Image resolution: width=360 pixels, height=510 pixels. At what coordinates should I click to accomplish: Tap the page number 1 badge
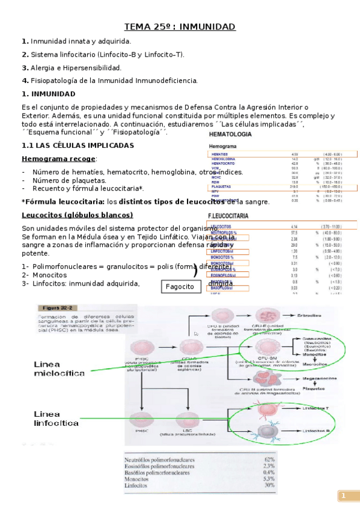pos(344,496)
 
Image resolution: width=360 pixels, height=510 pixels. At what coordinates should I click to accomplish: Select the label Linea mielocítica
pos(59,369)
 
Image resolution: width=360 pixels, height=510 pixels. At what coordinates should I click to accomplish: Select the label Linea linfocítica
pos(56,419)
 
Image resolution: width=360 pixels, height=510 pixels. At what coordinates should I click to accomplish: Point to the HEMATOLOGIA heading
pos(230,134)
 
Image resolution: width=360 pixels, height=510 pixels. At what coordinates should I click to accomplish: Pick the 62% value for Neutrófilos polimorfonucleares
pos(269,459)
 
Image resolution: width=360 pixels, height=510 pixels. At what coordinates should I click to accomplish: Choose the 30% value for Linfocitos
pos(269,485)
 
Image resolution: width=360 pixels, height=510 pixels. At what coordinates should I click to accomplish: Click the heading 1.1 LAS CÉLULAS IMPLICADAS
pos(78,146)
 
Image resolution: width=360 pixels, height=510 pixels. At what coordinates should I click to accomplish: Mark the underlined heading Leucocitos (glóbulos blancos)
pos(77,215)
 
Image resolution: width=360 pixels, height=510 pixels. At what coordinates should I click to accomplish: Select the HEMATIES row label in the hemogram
pos(220,154)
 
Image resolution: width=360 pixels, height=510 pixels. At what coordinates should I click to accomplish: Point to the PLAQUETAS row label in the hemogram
pos(222,187)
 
